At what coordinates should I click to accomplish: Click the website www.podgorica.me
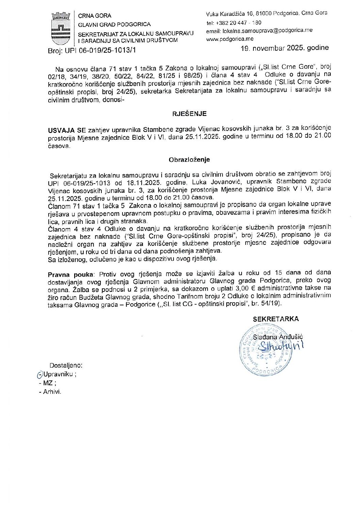pyautogui.click(x=230, y=39)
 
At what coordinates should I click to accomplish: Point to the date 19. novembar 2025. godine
pyautogui.click(x=284, y=48)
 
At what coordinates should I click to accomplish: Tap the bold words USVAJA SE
pyautogui.click(x=67, y=130)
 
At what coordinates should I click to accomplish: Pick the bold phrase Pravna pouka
pyautogui.click(x=70, y=274)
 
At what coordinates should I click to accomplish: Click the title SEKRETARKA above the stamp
pyautogui.click(x=276, y=319)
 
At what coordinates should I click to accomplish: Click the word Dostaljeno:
pyautogui.click(x=66, y=366)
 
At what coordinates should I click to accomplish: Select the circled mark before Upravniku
pyautogui.click(x=39, y=374)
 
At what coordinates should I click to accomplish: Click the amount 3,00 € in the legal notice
pyautogui.click(x=243, y=288)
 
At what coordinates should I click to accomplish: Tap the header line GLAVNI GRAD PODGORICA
pyautogui.click(x=114, y=24)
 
